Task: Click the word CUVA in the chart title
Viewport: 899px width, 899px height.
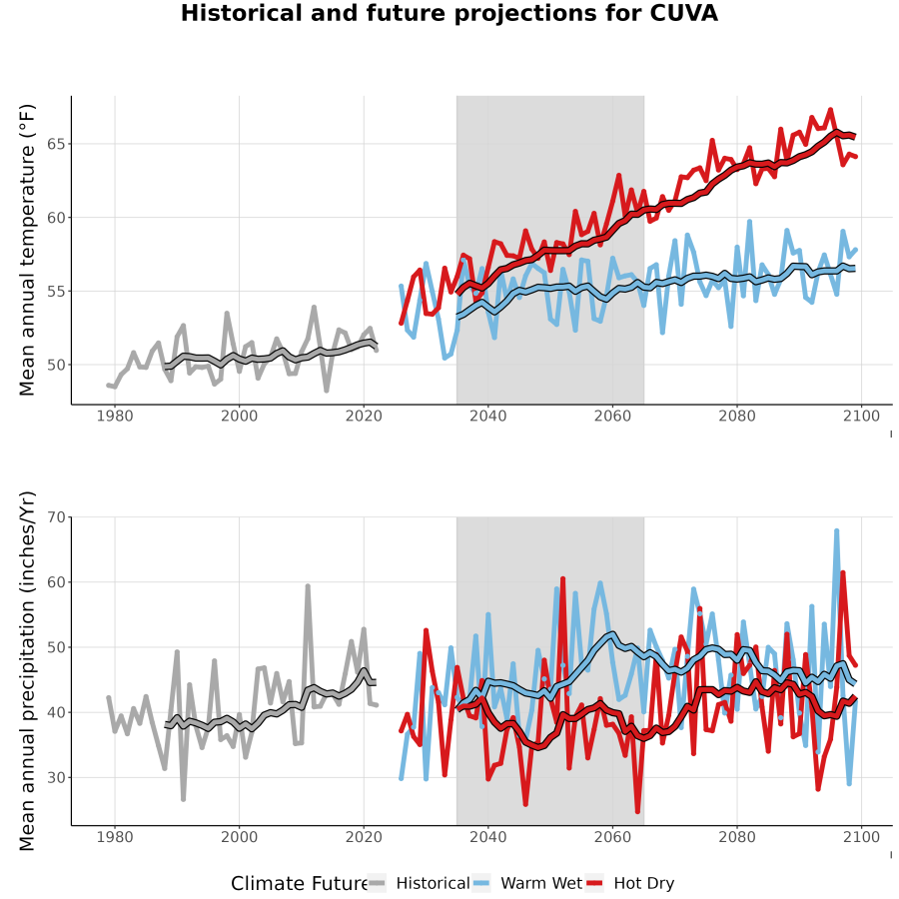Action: [x=683, y=13]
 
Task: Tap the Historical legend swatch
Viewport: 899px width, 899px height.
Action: [x=377, y=884]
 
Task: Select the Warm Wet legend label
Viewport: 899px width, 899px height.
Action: [x=541, y=884]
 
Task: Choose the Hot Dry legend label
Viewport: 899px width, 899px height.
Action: [x=644, y=884]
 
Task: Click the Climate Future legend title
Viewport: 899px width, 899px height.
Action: [x=299, y=884]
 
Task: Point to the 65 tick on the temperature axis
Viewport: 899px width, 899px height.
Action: [x=56, y=144]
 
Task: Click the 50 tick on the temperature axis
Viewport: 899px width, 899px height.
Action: [x=56, y=365]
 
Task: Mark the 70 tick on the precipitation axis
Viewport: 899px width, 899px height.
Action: [x=56, y=517]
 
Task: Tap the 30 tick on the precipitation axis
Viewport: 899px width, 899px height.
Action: [x=56, y=777]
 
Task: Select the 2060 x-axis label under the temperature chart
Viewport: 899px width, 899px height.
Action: [x=612, y=416]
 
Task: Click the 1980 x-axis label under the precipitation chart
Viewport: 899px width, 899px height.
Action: [x=115, y=837]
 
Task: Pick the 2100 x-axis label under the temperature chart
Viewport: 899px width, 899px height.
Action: [x=861, y=416]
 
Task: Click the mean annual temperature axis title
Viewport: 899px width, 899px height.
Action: [x=27, y=250]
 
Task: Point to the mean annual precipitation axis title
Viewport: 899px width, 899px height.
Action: [x=27, y=671]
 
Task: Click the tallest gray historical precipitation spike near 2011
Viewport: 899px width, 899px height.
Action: [x=308, y=586]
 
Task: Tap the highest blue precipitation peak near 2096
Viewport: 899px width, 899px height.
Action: [x=836, y=531]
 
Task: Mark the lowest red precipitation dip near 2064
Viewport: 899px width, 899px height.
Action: [x=637, y=811]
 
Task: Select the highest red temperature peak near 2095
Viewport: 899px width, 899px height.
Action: [x=830, y=110]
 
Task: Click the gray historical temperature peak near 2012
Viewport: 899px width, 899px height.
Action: [x=315, y=308]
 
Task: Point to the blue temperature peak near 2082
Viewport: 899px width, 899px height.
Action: [x=749, y=222]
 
